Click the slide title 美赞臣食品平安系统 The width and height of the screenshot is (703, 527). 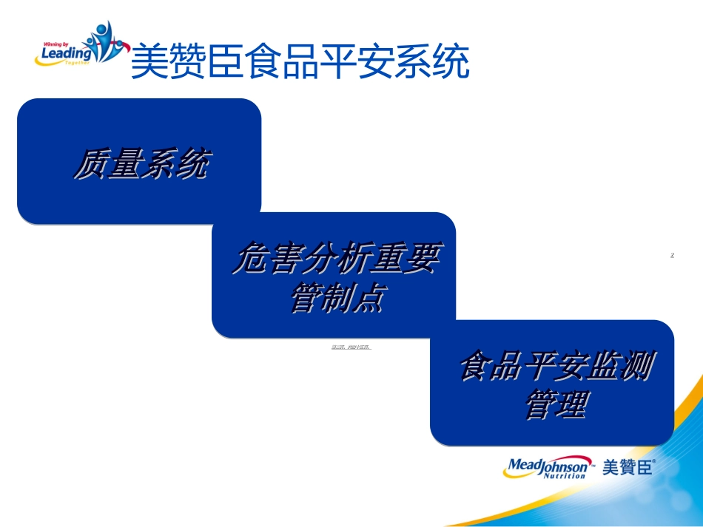(x=300, y=62)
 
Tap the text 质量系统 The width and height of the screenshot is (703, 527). (x=140, y=163)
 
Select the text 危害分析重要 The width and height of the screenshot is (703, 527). (x=334, y=259)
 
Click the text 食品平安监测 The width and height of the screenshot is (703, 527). (x=556, y=367)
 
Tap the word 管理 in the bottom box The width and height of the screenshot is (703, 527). (x=556, y=405)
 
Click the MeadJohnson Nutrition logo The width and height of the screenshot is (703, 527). (x=548, y=467)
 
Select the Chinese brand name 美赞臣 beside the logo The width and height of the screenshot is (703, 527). (x=628, y=467)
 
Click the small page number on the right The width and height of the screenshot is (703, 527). (x=672, y=256)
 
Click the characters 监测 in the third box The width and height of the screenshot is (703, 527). (x=622, y=367)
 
